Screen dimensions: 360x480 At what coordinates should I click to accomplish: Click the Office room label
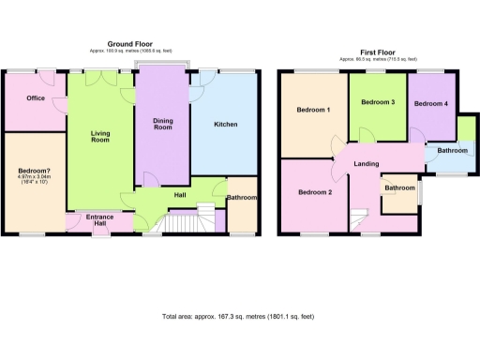[x=36, y=98]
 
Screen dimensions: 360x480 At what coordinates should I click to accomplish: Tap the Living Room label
[x=100, y=138]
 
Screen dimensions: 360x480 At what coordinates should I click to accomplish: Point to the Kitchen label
[x=225, y=124]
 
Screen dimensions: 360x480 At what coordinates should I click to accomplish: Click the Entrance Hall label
[x=99, y=220]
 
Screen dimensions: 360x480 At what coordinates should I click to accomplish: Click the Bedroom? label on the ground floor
[x=34, y=170]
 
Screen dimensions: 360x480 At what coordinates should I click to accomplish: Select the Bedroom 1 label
[x=313, y=110]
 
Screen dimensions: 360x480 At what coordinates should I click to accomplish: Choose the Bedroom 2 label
[x=315, y=192]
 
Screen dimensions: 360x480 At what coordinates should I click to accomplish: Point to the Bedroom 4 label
[x=431, y=103]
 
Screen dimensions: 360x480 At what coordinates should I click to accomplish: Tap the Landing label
[x=366, y=164]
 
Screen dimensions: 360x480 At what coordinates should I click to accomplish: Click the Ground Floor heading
[x=130, y=44]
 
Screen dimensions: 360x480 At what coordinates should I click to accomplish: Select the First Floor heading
[x=380, y=52]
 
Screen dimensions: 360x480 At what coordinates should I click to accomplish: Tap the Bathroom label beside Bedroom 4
[x=452, y=150]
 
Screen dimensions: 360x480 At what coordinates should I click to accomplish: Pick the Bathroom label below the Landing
[x=399, y=187]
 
